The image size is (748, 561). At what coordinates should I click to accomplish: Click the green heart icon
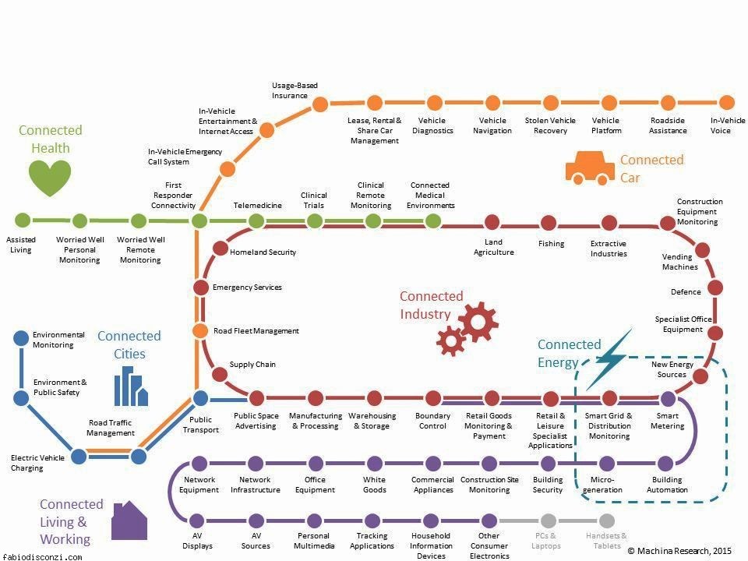coord(50,178)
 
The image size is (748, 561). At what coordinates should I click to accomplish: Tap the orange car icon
coord(590,168)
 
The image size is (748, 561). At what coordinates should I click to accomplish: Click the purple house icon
coord(129,521)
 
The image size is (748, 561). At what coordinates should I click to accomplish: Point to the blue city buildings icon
coord(130,386)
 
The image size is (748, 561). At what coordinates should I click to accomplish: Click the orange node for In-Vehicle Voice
coord(726,103)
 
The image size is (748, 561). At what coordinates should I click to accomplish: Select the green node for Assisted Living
coord(23,221)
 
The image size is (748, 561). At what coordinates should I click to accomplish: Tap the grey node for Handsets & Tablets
coord(607,520)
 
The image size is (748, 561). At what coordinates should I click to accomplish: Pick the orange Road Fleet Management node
coord(200,330)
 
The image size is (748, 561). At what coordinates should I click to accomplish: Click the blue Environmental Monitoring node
coord(21,338)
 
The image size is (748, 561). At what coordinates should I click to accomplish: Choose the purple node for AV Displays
coord(197,520)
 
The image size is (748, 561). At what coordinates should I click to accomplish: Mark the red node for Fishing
coord(551,222)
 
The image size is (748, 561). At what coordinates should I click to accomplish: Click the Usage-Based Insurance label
coord(295,90)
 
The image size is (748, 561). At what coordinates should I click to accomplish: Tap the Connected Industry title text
coord(431,305)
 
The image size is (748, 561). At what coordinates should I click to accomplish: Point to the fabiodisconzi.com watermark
coord(42,556)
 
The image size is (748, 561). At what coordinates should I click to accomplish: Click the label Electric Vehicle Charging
coord(37,463)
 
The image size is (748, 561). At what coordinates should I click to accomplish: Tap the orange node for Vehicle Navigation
coord(492,103)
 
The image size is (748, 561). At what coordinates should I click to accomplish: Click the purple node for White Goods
coord(375,464)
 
